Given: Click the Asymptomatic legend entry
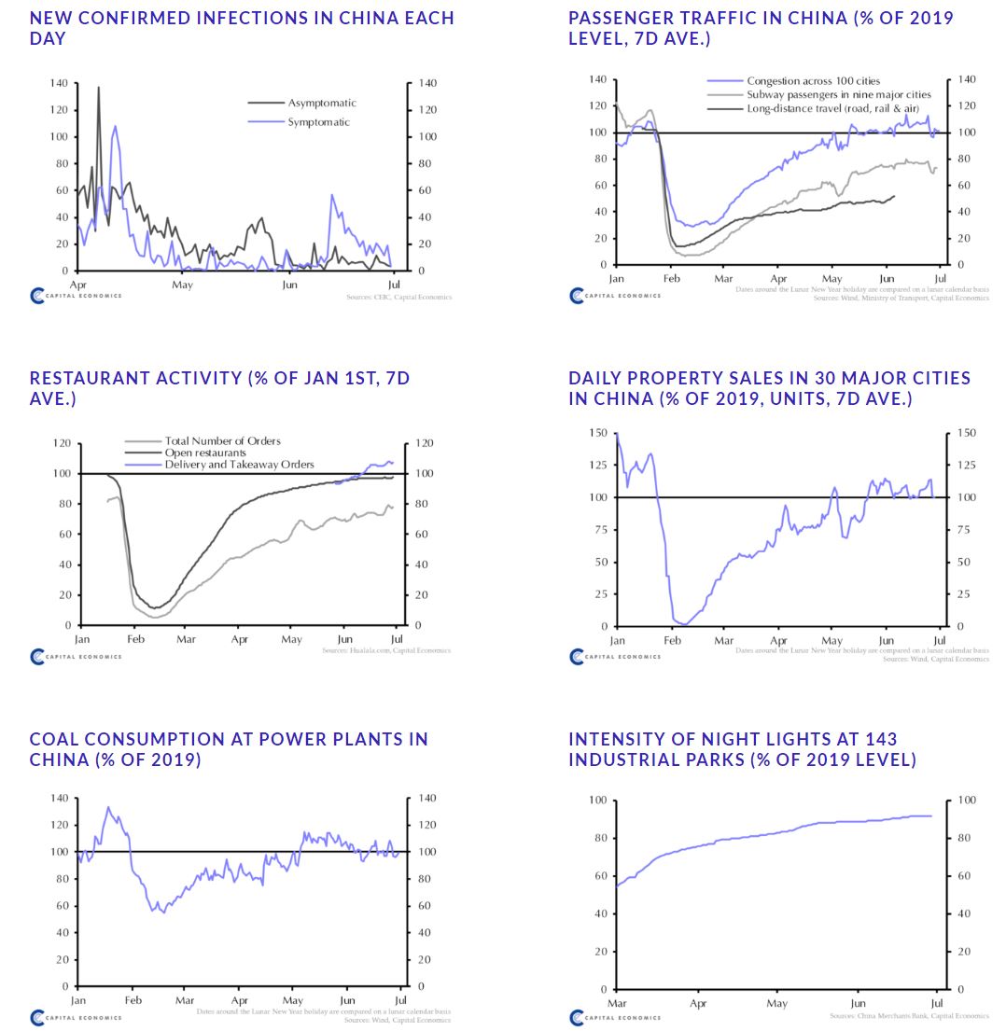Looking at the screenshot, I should click(321, 103).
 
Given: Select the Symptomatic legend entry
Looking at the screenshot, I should click(318, 122).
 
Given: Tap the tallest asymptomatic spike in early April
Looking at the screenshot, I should click(99, 88).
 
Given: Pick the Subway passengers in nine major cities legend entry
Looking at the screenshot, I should click(838, 95).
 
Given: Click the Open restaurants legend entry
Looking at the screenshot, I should click(205, 453).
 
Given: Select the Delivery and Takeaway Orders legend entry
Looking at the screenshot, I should click(239, 465).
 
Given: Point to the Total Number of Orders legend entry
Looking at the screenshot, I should click(222, 440).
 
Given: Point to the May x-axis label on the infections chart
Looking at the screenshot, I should click(182, 284).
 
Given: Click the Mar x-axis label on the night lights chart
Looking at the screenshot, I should click(617, 1003).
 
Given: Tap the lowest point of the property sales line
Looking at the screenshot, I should click(684, 624).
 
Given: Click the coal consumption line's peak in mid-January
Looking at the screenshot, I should click(108, 808).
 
